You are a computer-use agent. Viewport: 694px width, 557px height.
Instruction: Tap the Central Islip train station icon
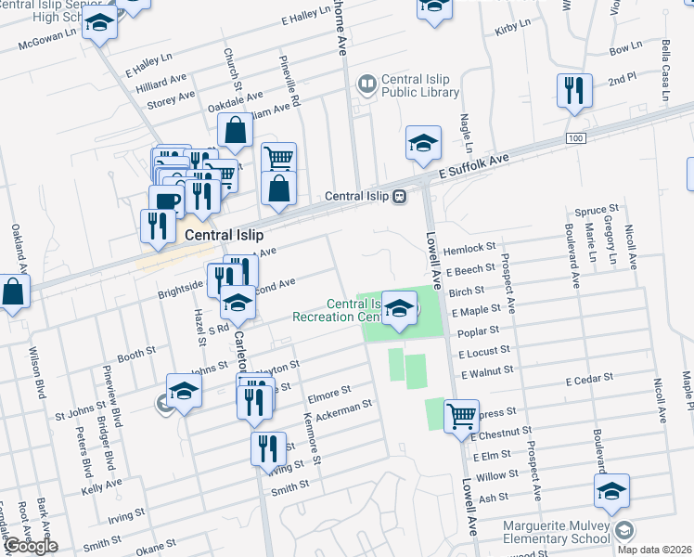(399, 196)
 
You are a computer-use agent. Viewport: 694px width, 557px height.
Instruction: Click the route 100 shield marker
(578, 137)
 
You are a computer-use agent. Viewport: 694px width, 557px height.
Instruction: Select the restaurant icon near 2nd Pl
(573, 91)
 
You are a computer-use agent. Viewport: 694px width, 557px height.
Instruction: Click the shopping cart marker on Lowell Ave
(460, 416)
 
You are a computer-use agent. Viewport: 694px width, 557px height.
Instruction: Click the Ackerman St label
(343, 407)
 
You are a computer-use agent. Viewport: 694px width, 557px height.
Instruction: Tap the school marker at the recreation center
(400, 309)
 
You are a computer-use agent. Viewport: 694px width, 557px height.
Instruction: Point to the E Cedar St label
(590, 379)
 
